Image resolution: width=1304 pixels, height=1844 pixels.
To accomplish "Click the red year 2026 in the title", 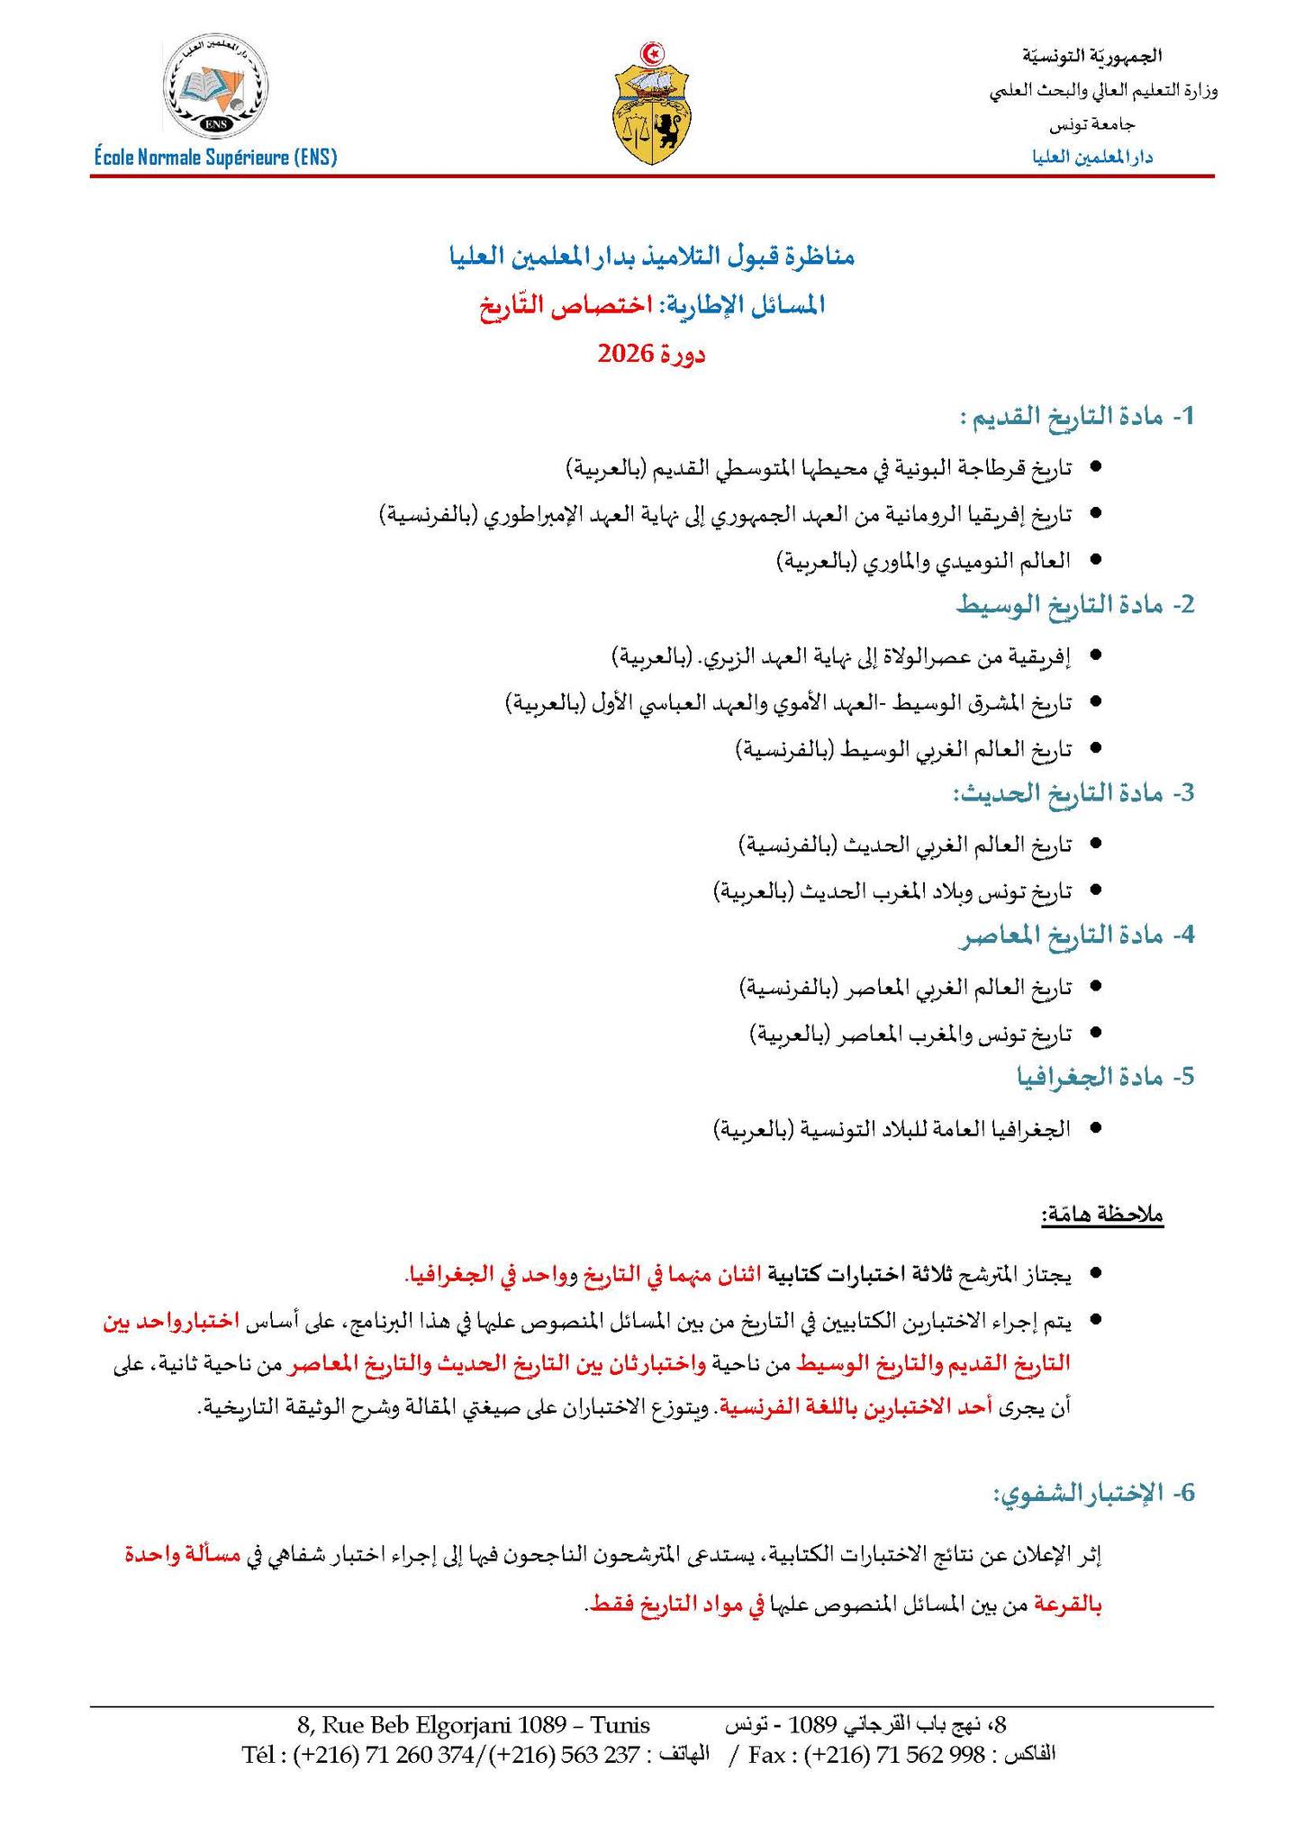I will pos(625,354).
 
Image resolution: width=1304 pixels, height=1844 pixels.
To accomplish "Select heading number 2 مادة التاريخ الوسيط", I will pos(1075,605).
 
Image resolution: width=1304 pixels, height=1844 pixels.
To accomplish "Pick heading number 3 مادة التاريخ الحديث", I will pos(1073,793).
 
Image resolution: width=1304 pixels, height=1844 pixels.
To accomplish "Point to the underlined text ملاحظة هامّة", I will pos(1103,1216).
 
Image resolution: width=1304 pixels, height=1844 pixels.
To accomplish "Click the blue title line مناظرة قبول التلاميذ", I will pos(651,257).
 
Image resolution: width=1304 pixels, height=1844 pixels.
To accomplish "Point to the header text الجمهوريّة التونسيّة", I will pos(1091,56).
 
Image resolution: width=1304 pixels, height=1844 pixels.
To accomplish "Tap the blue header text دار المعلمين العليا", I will pos(1093,157).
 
